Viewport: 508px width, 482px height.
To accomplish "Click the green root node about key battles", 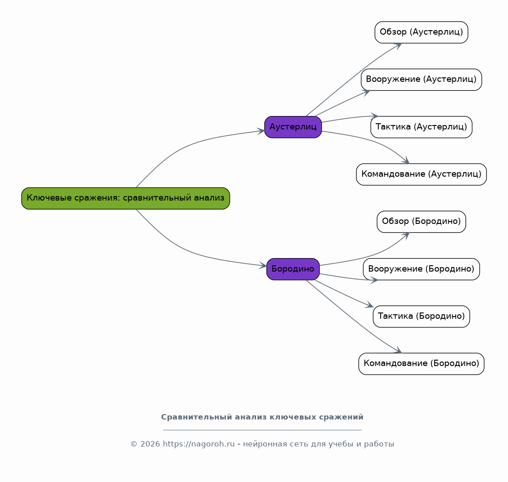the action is click(x=126, y=198).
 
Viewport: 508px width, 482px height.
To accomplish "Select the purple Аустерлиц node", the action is click(x=293, y=127).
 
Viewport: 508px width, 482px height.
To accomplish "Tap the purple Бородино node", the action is click(x=293, y=269).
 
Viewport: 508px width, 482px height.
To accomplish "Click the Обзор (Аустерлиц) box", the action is click(x=421, y=32).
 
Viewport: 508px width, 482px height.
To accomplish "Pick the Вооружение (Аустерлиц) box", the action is click(x=421, y=80).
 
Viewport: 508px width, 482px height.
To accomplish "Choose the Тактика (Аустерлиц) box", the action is click(x=421, y=127).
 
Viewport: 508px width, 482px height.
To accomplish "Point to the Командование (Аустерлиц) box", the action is click(x=421, y=174).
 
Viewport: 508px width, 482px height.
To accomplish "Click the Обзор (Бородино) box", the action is click(x=421, y=222).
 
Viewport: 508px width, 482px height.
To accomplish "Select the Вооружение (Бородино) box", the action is click(x=421, y=269).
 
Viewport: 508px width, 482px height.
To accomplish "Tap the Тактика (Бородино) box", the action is click(x=421, y=316).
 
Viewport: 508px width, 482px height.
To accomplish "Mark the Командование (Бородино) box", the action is click(x=421, y=364).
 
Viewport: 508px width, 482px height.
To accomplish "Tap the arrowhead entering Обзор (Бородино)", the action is click(x=405, y=235).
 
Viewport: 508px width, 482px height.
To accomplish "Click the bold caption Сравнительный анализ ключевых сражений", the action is click(x=262, y=417).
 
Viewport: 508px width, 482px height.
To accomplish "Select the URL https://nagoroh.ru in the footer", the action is click(x=198, y=444).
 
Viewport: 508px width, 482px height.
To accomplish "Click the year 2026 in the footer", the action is click(x=150, y=444).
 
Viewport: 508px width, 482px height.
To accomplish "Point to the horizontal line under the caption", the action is click(x=262, y=430).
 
